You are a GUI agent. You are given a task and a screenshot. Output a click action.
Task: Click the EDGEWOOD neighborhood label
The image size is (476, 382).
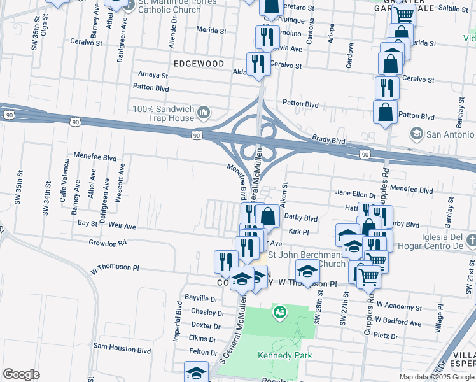199,64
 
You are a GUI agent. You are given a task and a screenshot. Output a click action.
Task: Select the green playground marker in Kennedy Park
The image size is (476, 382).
278,312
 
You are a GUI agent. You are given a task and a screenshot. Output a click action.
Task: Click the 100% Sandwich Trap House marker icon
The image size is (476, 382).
204,113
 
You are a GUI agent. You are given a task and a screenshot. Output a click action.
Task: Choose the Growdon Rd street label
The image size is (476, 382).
108,243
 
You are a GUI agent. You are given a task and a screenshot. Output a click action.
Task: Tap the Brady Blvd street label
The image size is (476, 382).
328,140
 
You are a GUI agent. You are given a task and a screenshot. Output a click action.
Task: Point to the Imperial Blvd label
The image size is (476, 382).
179,325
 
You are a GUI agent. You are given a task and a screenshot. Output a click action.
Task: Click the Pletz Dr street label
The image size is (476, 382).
386,336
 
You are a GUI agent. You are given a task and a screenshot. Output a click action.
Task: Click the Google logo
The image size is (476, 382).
21,374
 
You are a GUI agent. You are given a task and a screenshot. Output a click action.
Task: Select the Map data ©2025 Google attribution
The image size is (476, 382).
437,377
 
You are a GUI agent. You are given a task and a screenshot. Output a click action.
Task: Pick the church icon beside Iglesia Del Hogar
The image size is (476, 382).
470,241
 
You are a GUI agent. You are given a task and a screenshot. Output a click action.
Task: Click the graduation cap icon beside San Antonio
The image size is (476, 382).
416,134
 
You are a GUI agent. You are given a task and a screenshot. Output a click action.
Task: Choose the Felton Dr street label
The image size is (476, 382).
204,351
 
